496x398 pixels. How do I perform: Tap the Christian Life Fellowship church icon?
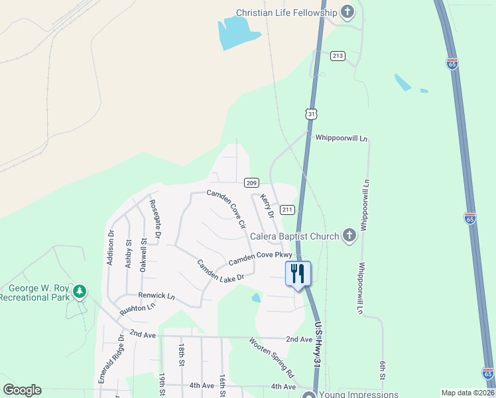[x=347, y=11]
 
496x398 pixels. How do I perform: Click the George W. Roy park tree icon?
[x=80, y=291]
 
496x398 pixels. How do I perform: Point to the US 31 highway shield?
[x=312, y=114]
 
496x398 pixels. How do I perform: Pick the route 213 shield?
[x=338, y=56]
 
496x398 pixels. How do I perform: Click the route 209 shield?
[x=251, y=182]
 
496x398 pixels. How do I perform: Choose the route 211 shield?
[x=287, y=210]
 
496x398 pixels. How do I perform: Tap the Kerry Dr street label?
[x=267, y=206]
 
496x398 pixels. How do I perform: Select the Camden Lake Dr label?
[x=221, y=269]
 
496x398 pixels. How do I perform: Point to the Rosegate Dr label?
[x=155, y=218]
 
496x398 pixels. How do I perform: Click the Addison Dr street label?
[x=111, y=247]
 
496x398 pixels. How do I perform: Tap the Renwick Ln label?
[x=156, y=295]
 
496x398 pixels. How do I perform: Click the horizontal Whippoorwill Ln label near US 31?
[x=341, y=138]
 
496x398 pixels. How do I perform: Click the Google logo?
[x=22, y=390]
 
